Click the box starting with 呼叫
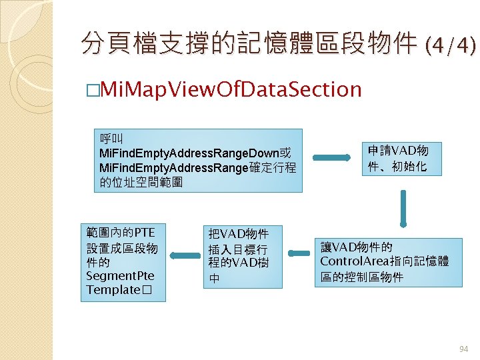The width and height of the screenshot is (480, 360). click(197, 160)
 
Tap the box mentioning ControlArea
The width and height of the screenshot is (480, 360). click(388, 262)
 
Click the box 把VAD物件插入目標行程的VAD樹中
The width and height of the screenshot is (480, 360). click(243, 256)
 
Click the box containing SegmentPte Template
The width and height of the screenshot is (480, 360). click(123, 262)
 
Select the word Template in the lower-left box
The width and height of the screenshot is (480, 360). click(112, 291)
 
